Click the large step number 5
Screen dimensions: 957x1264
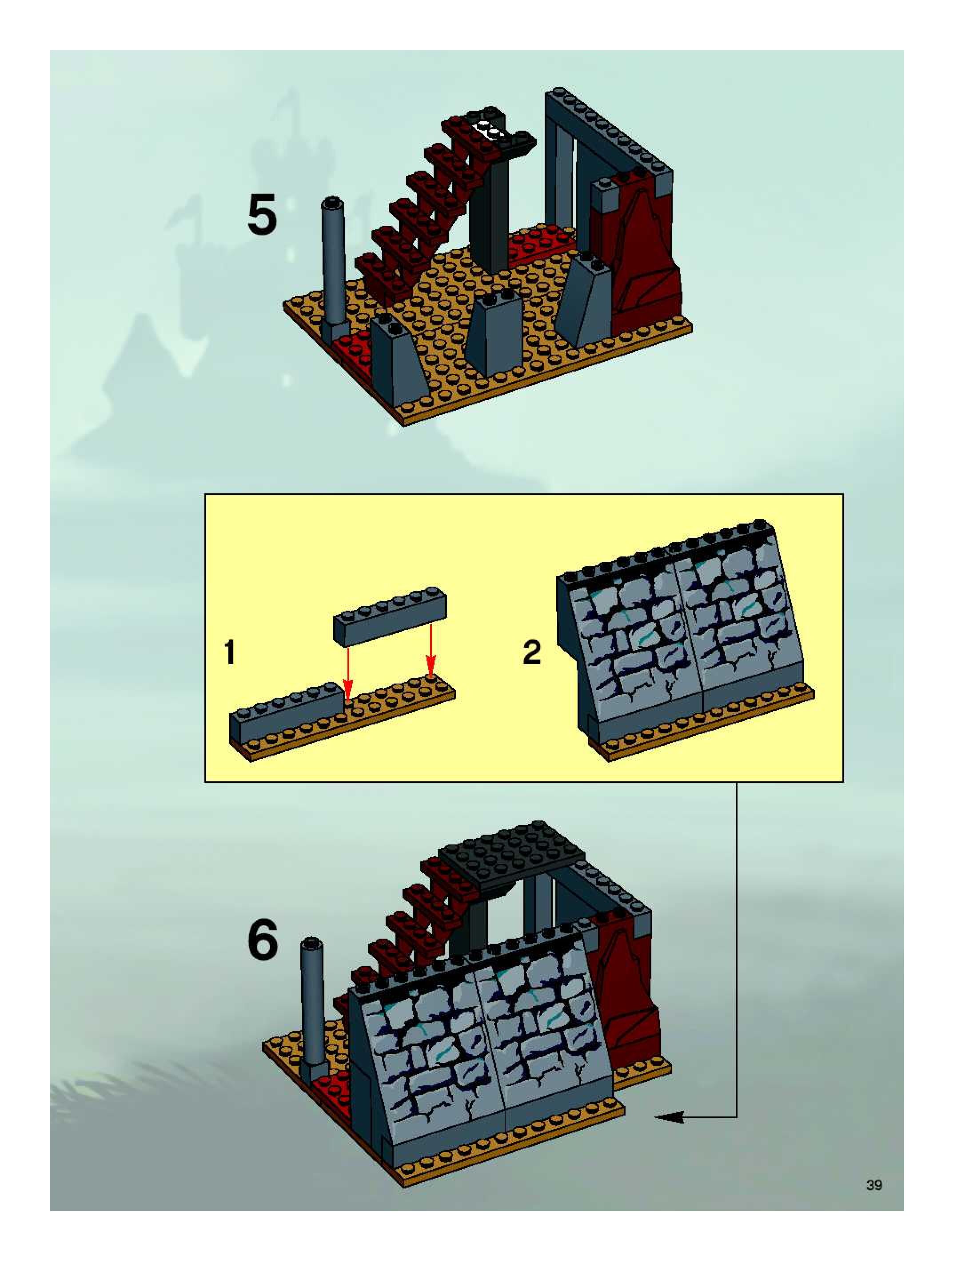pyautogui.click(x=262, y=214)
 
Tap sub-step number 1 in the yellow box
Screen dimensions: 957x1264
pyautogui.click(x=230, y=652)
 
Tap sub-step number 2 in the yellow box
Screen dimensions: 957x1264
pyautogui.click(x=531, y=652)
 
